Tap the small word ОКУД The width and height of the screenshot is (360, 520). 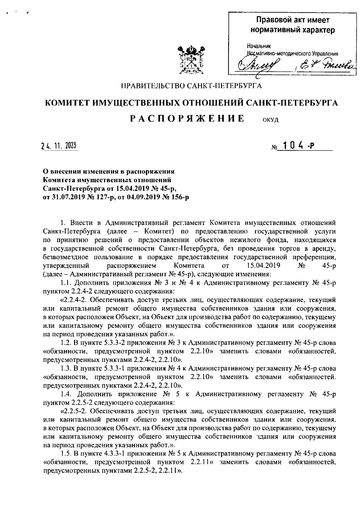pyautogui.click(x=271, y=120)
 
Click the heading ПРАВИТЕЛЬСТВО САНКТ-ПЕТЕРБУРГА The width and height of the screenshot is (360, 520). pyautogui.click(x=191, y=86)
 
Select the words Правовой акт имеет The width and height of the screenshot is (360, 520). pyautogui.click(x=292, y=20)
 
